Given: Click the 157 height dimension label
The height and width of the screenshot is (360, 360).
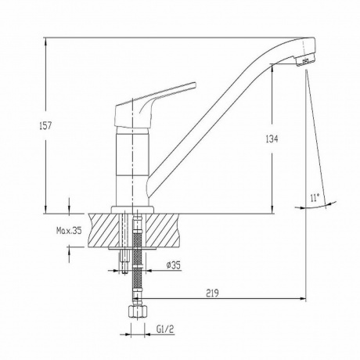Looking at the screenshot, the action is tap(45, 126).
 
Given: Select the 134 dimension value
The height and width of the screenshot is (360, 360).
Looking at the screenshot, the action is tap(272, 139).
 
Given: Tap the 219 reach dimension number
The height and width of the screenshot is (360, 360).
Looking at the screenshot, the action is tap(212, 293).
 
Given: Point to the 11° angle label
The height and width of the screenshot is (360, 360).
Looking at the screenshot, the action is tap(315, 197).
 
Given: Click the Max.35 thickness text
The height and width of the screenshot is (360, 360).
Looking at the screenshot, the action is tap(69, 230).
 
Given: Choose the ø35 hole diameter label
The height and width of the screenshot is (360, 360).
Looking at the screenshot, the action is tap(173, 265).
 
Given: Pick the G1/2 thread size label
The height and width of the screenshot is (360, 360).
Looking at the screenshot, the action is tap(165, 329).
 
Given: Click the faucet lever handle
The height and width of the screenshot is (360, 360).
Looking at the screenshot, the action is tap(154, 104).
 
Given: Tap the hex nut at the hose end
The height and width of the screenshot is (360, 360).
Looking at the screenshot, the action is tap(138, 313).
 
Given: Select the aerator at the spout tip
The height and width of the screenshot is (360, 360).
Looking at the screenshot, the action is tap(305, 61).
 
